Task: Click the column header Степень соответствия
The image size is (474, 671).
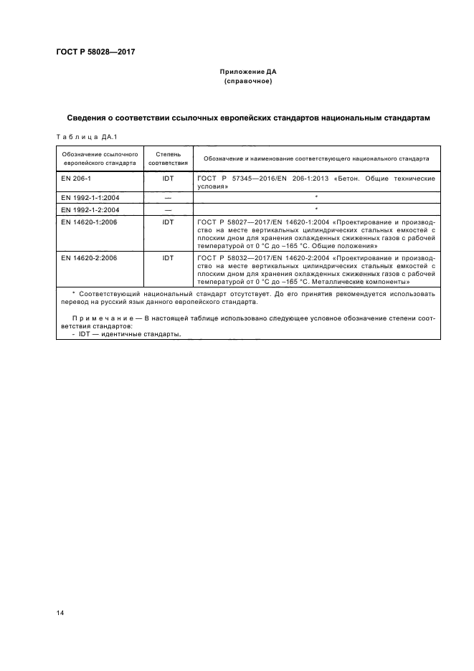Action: pos(168,158)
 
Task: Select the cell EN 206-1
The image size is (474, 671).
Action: pos(75,176)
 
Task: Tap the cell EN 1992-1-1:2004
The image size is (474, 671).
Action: pos(89,197)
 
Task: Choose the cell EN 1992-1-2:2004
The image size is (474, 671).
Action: pos(89,209)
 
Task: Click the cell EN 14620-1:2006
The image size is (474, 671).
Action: pos(89,222)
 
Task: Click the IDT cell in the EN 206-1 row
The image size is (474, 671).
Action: pos(168,176)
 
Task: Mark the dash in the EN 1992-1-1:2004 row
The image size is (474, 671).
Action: pos(168,197)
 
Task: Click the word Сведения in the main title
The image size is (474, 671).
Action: pos(91,118)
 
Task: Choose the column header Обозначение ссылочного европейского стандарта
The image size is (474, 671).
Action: pos(100,158)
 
